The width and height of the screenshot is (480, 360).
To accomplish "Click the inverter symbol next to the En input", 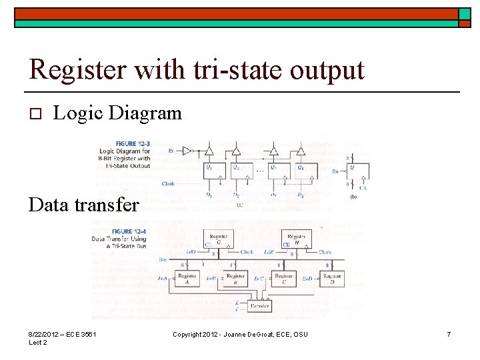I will pos(188,151).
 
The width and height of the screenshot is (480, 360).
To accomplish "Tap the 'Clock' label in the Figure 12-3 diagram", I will pos(169,183).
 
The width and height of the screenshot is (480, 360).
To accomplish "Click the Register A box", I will pos(188,279).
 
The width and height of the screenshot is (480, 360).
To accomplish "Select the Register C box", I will pos(284,279).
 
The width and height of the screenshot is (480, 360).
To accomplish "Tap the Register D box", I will pos(331,279).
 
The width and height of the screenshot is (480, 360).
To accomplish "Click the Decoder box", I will pos(259,306).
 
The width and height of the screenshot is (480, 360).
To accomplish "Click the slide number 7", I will pos(449,334).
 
